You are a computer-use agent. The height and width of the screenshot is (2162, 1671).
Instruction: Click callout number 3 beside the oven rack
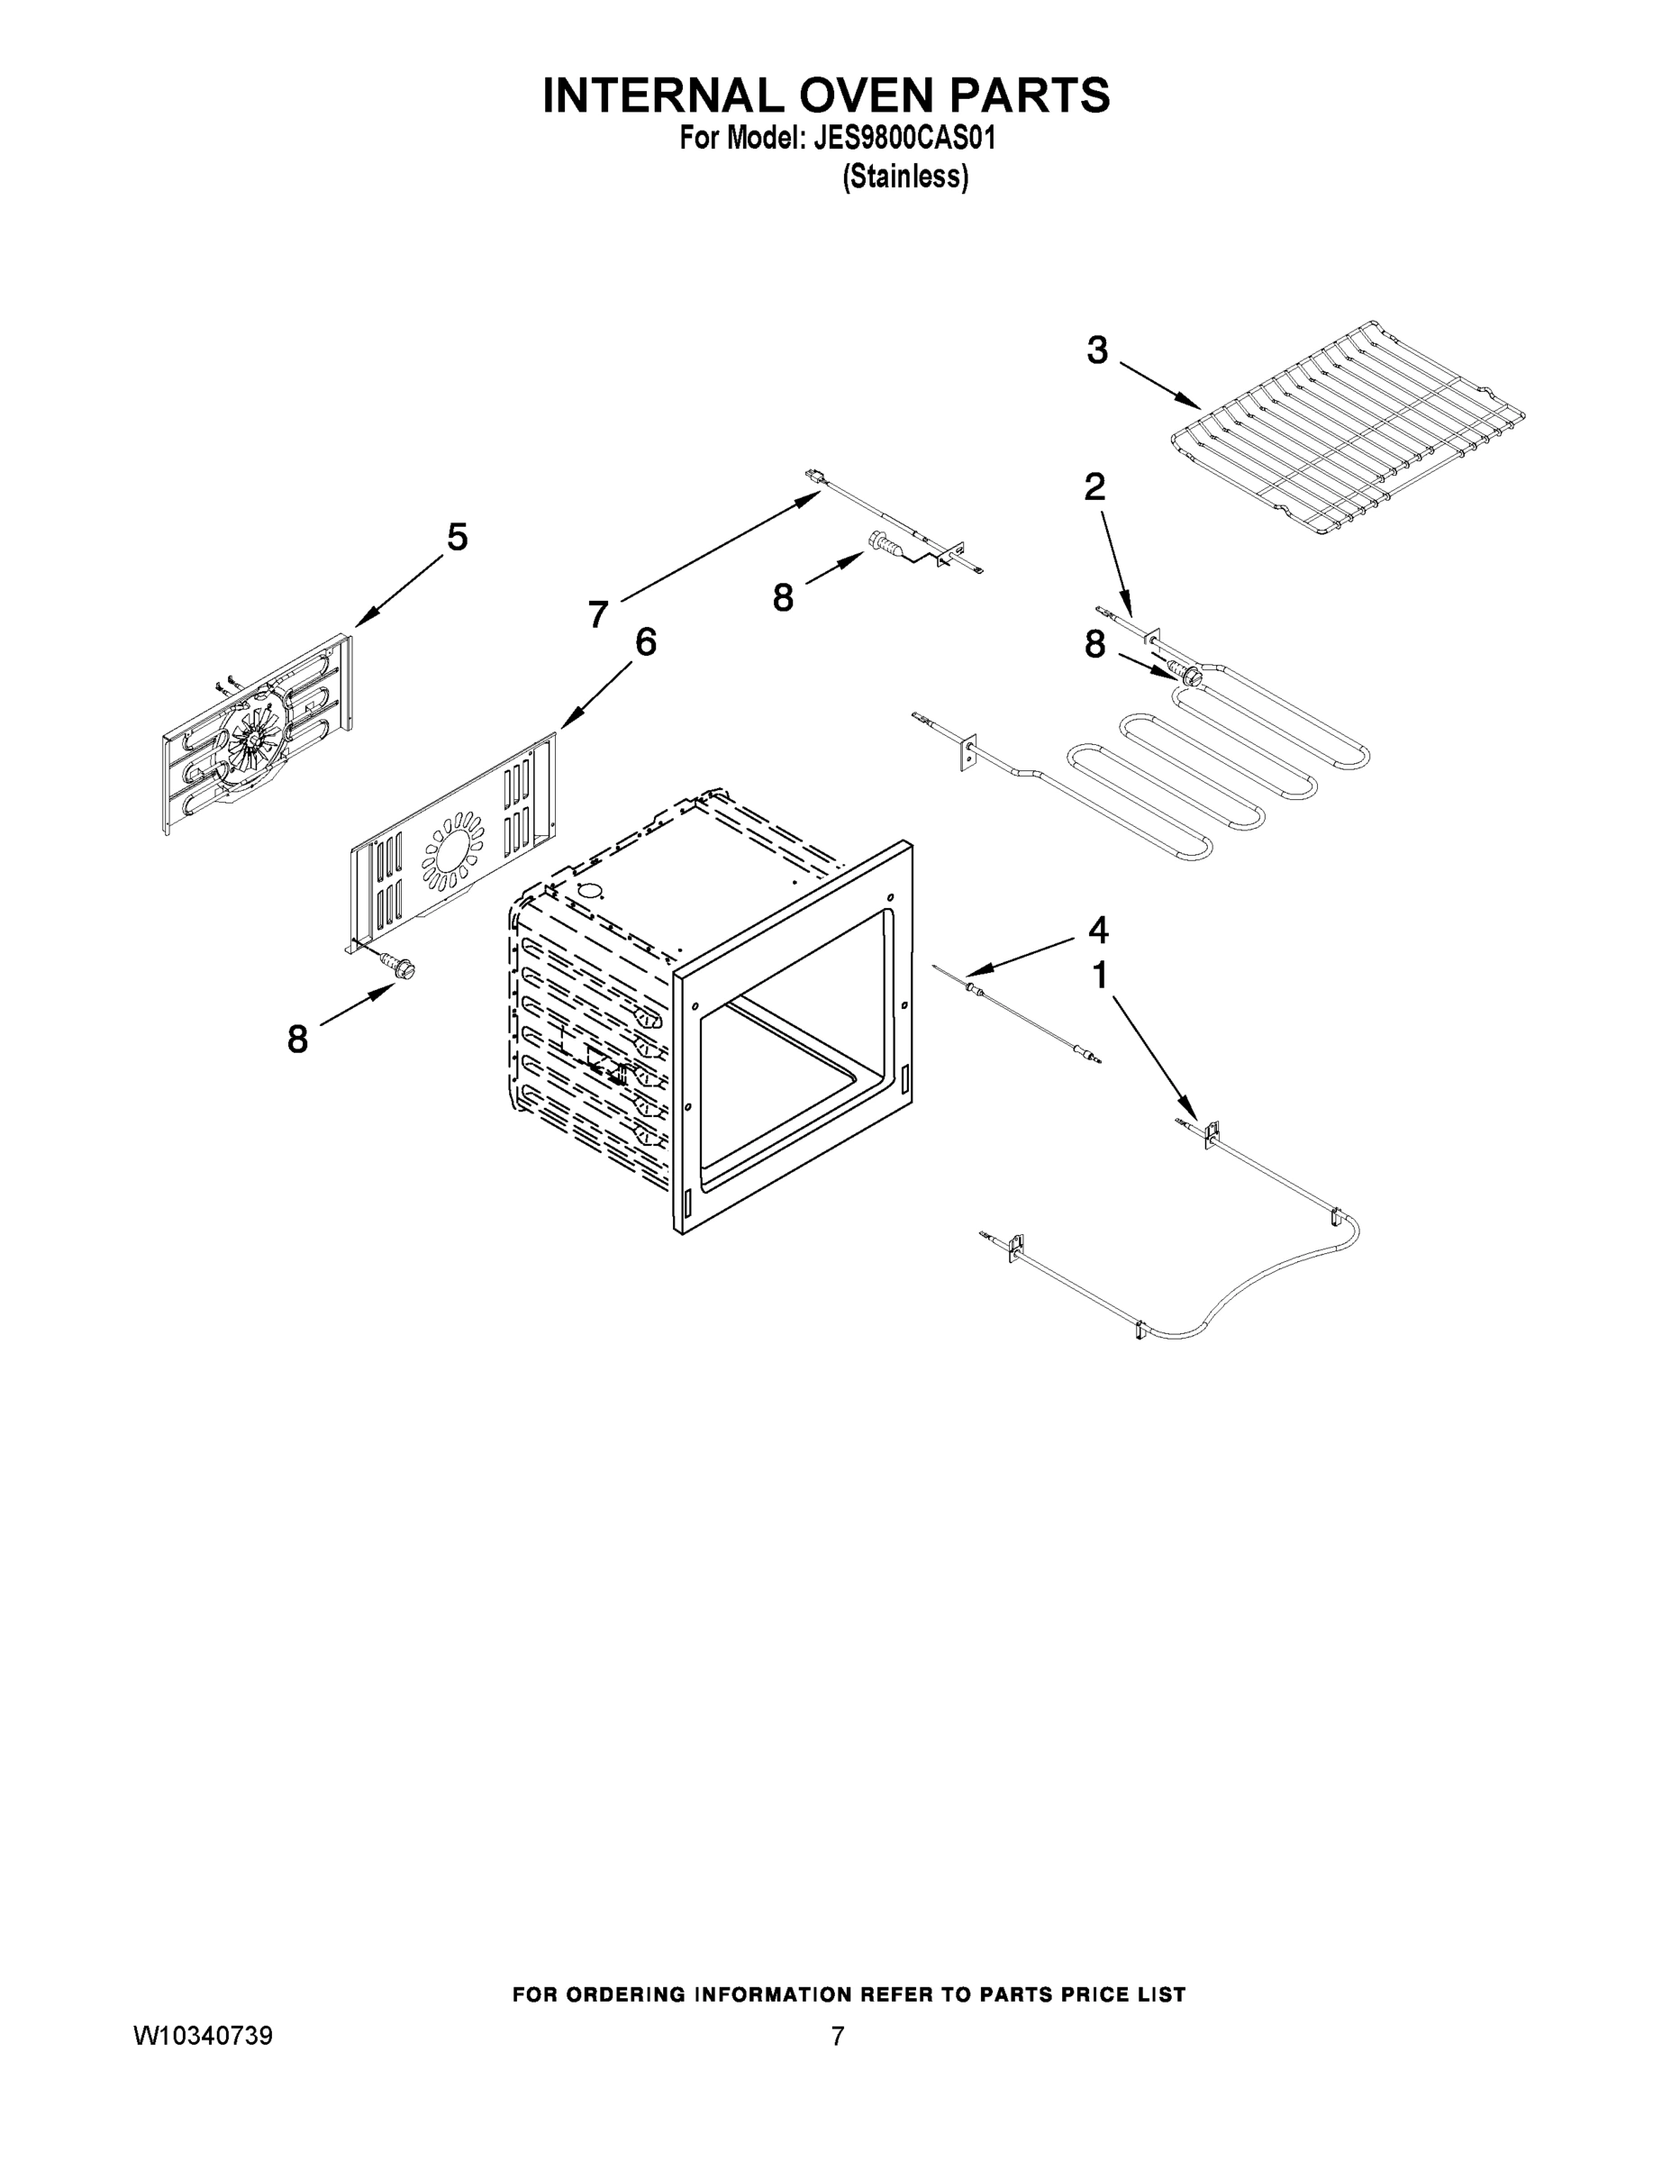coord(1097,350)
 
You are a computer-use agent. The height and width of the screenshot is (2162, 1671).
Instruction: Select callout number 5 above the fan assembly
coord(457,538)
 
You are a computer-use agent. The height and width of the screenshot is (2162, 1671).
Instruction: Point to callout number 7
coord(598,614)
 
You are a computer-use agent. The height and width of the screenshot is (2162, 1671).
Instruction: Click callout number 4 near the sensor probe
coord(1098,930)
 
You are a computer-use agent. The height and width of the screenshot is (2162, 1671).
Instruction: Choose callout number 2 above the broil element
coord(1094,486)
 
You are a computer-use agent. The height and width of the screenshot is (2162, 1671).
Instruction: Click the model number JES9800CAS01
coord(904,139)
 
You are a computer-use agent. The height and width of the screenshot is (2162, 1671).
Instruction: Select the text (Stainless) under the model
coord(904,177)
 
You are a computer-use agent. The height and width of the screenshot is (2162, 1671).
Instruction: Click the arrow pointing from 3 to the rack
coord(1160,386)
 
